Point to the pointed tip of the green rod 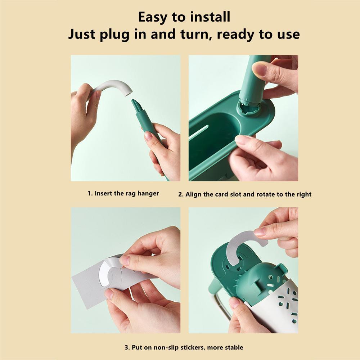[x=132, y=100]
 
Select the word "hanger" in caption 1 [x=148, y=194]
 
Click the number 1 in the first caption [x=89, y=194]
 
